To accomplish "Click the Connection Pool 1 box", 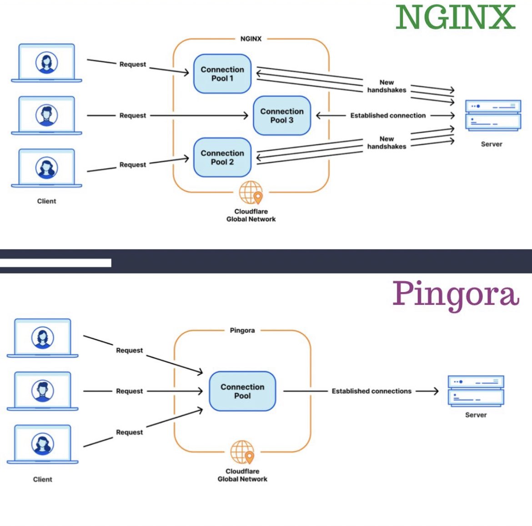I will [222, 74].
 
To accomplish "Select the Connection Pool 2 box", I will [222, 158].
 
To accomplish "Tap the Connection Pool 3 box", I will [282, 116].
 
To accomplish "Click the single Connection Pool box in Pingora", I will [242, 391].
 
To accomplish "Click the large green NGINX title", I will [455, 18].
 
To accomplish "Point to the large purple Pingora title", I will [456, 294].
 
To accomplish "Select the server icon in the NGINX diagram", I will [493, 116].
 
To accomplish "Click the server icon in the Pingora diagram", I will [476, 391].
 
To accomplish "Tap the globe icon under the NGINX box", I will [251, 193].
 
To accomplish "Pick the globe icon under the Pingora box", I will [242, 452].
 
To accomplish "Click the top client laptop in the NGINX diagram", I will [46, 63].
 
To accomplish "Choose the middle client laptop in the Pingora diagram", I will [43, 391].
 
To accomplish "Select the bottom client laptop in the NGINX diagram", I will [46, 168].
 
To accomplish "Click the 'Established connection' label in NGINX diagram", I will [388, 116].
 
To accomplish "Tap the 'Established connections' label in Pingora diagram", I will [371, 391].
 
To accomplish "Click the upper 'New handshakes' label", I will [386, 86].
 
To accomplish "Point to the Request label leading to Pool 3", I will [133, 116].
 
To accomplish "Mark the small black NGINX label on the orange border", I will [251, 39].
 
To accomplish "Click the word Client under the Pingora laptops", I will [43, 479].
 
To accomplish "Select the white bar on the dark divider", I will [55, 263].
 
